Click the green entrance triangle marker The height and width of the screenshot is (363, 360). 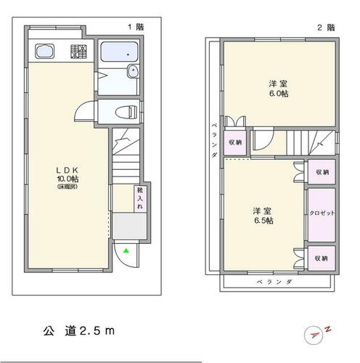pyautogui.click(x=126, y=250)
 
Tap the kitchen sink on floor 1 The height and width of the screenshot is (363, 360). pyautogui.click(x=44, y=51)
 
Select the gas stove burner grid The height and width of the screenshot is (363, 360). pyautogui.click(x=78, y=52)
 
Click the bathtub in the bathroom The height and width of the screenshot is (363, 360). pyautogui.click(x=119, y=52)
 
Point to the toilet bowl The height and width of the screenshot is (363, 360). pyautogui.click(x=126, y=113)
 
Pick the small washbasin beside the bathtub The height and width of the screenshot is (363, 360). pyautogui.click(x=133, y=70)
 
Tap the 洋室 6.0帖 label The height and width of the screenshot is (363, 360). pyautogui.click(x=279, y=89)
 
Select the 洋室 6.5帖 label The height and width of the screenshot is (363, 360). pyautogui.click(x=263, y=216)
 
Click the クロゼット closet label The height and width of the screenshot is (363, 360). pyautogui.click(x=322, y=213)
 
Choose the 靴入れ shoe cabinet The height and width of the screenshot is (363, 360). pyautogui.click(x=140, y=198)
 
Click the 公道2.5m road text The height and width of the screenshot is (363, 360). pyautogui.click(x=79, y=331)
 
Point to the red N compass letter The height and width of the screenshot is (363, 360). pyautogui.click(x=328, y=329)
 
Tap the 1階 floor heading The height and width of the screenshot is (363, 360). pyautogui.click(x=136, y=27)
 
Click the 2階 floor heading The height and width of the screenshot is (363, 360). pyautogui.click(x=327, y=28)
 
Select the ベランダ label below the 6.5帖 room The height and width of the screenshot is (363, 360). pyautogui.click(x=274, y=282)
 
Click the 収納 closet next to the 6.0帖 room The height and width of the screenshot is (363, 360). pyautogui.click(x=235, y=142)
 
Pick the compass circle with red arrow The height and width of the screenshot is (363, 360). pyautogui.click(x=314, y=335)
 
